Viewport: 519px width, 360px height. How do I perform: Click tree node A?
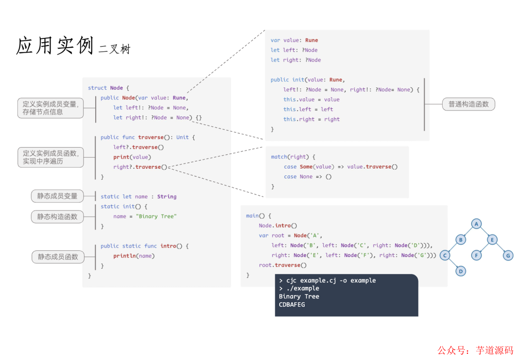tap(476, 224)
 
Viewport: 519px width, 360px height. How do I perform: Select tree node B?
tap(460, 240)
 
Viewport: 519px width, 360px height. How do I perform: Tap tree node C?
tap(445, 256)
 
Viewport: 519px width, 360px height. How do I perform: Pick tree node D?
tap(460, 271)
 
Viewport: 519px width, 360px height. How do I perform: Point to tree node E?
tap(492, 240)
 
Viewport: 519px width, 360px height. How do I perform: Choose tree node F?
tap(476, 256)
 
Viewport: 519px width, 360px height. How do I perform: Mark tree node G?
tap(508, 256)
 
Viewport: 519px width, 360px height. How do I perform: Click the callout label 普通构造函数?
tap(469, 104)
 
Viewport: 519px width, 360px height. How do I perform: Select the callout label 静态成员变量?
tap(57, 196)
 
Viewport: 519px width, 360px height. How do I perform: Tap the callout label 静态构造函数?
tap(57, 217)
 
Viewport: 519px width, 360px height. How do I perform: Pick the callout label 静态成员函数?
tap(58, 257)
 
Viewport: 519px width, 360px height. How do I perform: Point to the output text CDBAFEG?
tap(292, 304)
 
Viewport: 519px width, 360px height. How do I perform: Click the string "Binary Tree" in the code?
tap(156, 216)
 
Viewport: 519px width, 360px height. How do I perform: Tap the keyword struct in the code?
tap(98, 88)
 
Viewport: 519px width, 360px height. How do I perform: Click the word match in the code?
tap(279, 157)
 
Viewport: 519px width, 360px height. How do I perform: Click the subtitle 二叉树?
tap(114, 49)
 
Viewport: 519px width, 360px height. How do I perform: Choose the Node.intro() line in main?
tap(278, 225)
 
